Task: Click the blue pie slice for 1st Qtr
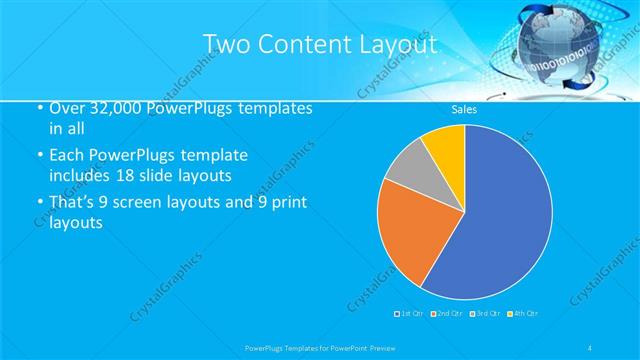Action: coord(500,220)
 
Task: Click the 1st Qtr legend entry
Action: coord(410,314)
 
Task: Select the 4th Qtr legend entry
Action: coord(523,314)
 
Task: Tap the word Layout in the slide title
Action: coord(401,44)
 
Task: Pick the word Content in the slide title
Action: coord(309,44)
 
